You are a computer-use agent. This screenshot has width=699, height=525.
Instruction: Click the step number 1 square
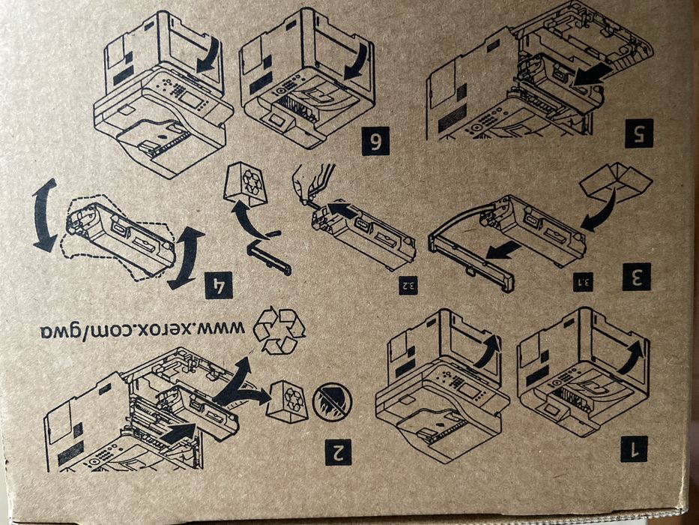tap(634, 448)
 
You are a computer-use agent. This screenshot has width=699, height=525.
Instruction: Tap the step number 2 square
tap(338, 451)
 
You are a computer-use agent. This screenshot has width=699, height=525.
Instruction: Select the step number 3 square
tap(637, 277)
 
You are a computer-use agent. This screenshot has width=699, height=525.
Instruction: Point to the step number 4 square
tap(219, 285)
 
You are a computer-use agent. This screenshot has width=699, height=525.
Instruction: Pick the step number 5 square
tap(639, 133)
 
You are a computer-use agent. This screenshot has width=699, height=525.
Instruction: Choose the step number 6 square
tap(375, 141)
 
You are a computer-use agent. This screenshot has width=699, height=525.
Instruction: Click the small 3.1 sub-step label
tap(583, 282)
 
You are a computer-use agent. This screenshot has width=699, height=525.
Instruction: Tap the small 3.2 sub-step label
tap(408, 286)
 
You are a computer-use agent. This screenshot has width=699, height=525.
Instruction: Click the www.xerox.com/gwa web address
tap(142, 330)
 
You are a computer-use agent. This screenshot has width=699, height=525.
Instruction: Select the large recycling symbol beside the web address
tap(279, 331)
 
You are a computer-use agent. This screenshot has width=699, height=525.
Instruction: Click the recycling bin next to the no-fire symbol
tap(287, 402)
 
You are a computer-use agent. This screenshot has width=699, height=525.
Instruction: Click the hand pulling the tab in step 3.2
tap(312, 183)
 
